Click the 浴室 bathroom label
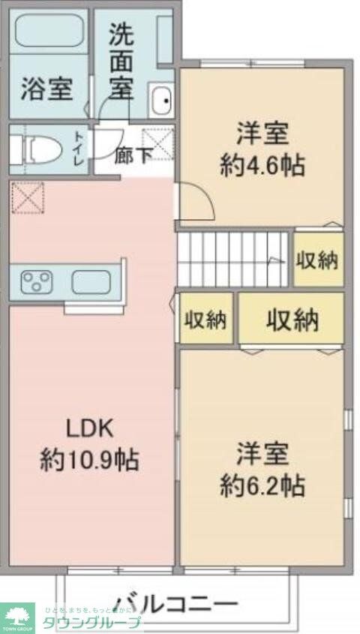pos(46,89)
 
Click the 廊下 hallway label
pos(133,157)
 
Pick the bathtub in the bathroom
pos(49,30)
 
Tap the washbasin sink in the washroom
pos(160,101)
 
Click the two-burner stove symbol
pos(37,282)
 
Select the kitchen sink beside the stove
pos(91,282)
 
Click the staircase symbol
pos(232,259)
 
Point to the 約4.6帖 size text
pos(262,166)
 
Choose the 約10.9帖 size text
pos(89,459)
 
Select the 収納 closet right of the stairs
pos(317,260)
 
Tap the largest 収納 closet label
pos(292,320)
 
